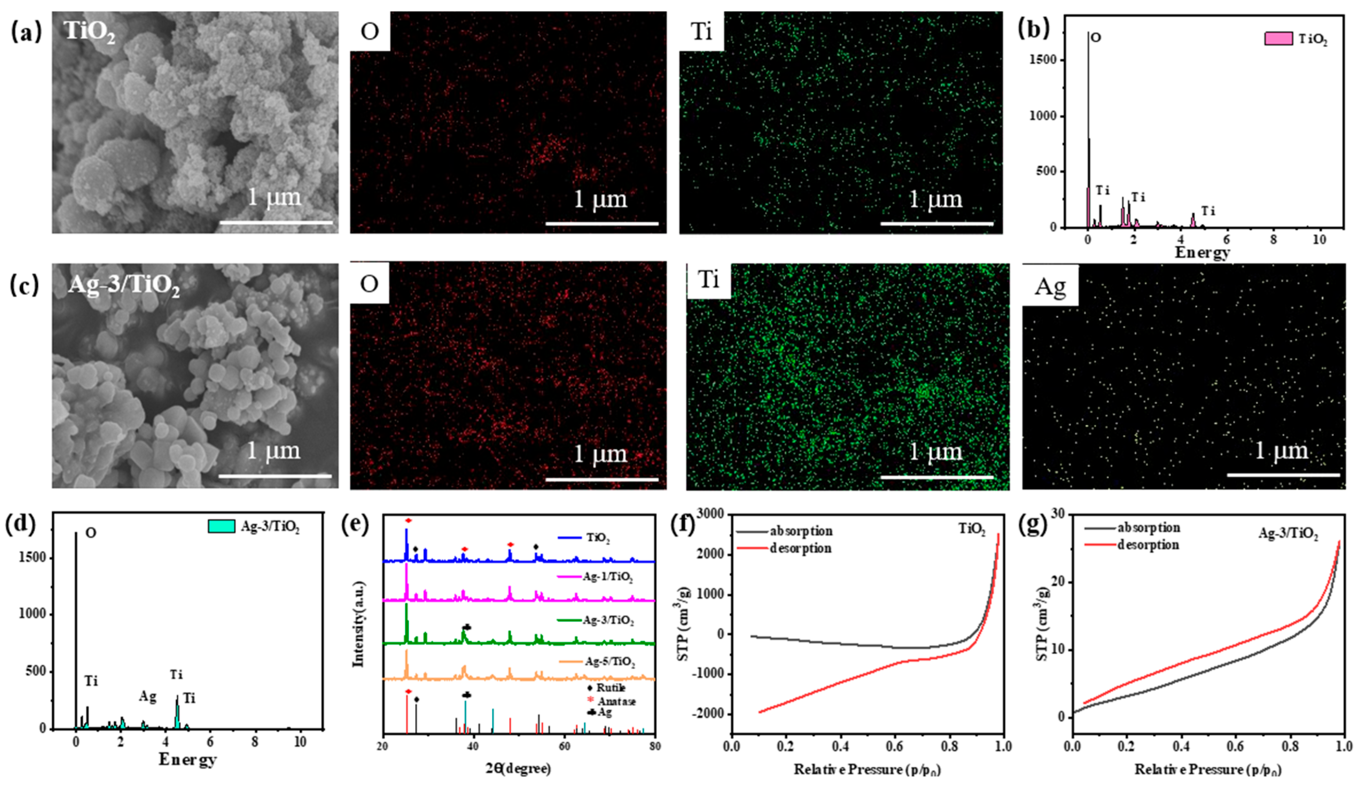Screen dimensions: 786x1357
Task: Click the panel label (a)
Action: click(x=26, y=32)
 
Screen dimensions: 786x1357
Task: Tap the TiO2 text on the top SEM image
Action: click(x=89, y=31)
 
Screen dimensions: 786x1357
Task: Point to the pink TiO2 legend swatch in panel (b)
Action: click(x=1278, y=39)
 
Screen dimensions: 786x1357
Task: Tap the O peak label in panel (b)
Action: click(x=1095, y=38)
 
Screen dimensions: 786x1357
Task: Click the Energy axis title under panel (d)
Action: click(x=187, y=760)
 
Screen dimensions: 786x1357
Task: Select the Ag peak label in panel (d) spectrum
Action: click(x=147, y=697)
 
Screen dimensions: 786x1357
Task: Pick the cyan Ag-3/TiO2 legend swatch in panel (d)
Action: click(x=221, y=526)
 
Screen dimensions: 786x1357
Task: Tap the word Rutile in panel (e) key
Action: click(x=610, y=688)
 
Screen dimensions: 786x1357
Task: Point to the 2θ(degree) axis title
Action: click(x=518, y=768)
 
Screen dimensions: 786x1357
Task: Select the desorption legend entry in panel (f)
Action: click(x=800, y=548)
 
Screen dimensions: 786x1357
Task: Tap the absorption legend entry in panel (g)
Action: click(x=1148, y=528)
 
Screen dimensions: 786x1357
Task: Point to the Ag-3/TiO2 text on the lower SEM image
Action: click(x=124, y=285)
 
